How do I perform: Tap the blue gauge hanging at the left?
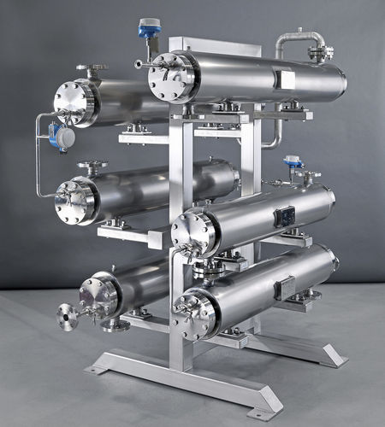tap(60, 135)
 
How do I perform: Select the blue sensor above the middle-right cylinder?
tap(293, 161)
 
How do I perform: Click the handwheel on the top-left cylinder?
tap(92, 67)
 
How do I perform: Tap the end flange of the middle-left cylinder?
tap(74, 202)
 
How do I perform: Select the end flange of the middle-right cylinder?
tap(195, 234)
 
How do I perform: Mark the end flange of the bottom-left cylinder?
tap(98, 296)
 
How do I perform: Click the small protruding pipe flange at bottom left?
tap(67, 316)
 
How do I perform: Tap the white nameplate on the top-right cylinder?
tap(286, 80)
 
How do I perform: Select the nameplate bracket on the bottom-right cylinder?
tap(285, 287)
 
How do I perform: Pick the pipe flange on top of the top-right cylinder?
tap(319, 54)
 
